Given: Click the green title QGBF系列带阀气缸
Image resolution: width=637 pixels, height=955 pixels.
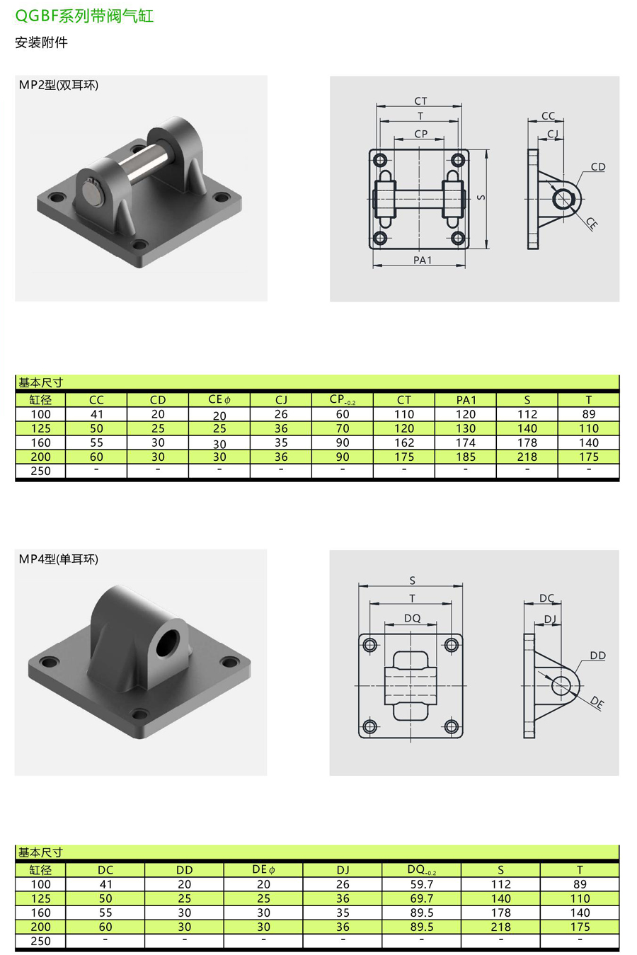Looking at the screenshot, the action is pos(84,16).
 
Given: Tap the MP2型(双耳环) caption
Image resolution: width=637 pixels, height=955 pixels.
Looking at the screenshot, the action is pos(59,85).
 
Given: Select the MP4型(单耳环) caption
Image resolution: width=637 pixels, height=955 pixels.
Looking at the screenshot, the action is pos(59,559).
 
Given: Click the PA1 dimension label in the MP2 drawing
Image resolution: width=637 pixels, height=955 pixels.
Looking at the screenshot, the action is pos(422,260).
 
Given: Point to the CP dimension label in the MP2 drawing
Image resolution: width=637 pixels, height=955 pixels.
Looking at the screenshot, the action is pos(420,133).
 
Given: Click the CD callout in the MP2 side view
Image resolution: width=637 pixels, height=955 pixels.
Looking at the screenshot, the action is pos(598,166).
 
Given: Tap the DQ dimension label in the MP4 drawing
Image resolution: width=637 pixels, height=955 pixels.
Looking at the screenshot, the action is pos(412,618).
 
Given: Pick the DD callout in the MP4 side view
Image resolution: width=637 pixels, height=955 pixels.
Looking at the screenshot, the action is pos(597,656).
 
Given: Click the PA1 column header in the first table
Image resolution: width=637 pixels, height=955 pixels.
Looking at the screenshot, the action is pos(466,400).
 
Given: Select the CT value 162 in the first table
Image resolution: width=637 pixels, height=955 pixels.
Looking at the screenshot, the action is pos(403,442).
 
